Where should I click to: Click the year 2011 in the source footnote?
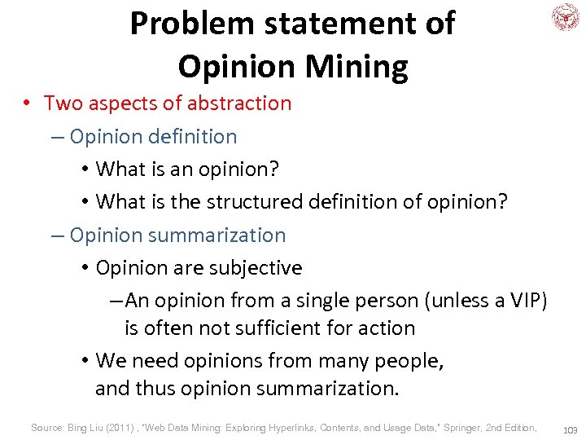(x=115, y=427)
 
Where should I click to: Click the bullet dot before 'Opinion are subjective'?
(x=85, y=268)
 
